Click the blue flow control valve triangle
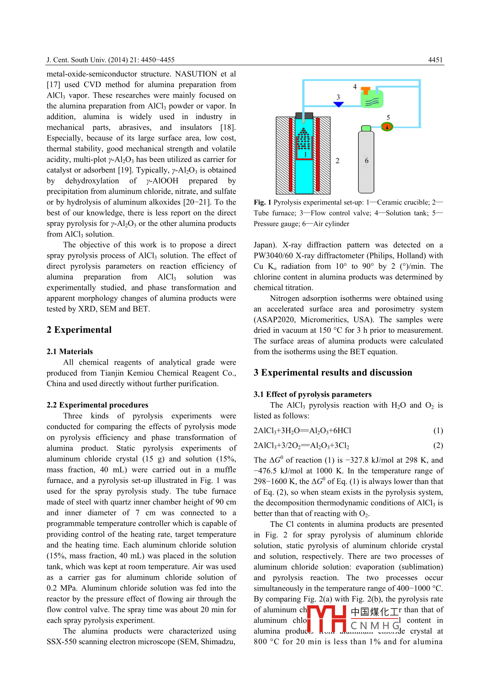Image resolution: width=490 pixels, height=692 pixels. pyautogui.click(x=338, y=105)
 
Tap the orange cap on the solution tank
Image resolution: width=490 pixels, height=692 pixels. pyautogui.click(x=366, y=90)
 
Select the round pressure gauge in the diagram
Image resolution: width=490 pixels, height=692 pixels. pyautogui.click(x=387, y=126)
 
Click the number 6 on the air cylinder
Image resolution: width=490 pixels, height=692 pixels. pyautogui.click(x=367, y=161)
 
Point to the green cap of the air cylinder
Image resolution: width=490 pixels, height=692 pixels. pyautogui.click(x=366, y=128)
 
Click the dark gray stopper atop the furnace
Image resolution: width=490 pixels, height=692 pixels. pyautogui.click(x=304, y=115)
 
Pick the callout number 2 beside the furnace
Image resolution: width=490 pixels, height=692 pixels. pyautogui.click(x=337, y=161)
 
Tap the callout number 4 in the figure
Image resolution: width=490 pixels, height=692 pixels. pyautogui.click(x=355, y=86)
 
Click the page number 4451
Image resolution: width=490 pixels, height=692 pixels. pyautogui.click(x=435, y=60)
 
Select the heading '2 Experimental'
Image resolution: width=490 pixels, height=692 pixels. pyautogui.click(x=79, y=330)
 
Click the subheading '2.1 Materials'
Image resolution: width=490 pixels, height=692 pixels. pyautogui.click(x=69, y=351)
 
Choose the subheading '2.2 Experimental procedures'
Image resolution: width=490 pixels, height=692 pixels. pyautogui.click(x=97, y=405)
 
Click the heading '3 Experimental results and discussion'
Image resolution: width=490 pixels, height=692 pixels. pyautogui.click(x=333, y=372)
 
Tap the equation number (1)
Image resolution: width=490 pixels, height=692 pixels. pyautogui.click(x=438, y=430)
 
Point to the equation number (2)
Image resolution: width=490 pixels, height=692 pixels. pyautogui.click(x=438, y=446)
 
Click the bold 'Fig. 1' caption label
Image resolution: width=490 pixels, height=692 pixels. pyautogui.click(x=263, y=202)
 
